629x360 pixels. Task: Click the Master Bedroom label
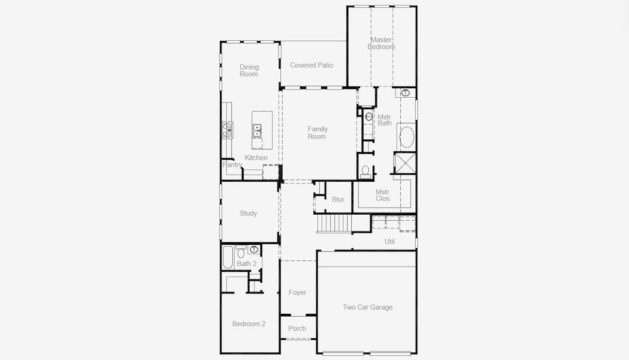point(381,43)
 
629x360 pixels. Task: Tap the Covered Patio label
point(311,65)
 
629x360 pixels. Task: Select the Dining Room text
point(249,71)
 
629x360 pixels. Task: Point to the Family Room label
point(318,133)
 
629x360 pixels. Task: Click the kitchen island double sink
point(257,130)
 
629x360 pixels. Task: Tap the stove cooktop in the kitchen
point(227,130)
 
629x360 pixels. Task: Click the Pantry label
point(232,165)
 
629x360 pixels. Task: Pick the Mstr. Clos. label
point(383,195)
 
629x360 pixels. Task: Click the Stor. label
point(339,199)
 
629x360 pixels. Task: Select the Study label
point(248,213)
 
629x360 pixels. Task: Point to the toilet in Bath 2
point(241,252)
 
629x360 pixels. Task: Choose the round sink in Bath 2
point(254,249)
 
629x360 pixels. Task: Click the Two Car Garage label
point(367,307)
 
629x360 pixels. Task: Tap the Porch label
point(297,328)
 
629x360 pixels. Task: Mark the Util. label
point(390,241)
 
